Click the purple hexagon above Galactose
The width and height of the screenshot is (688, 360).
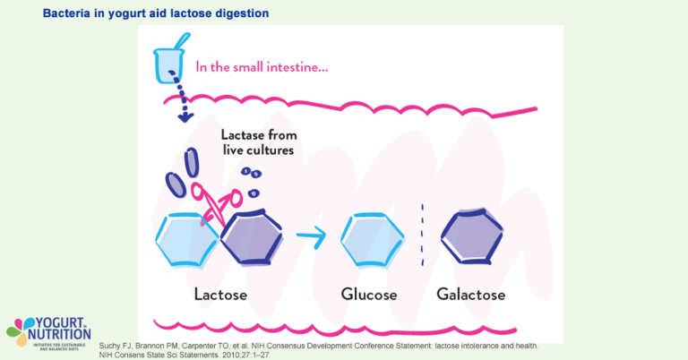pyautogui.click(x=474, y=236)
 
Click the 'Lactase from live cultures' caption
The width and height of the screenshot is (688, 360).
pyautogui.click(x=260, y=143)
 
